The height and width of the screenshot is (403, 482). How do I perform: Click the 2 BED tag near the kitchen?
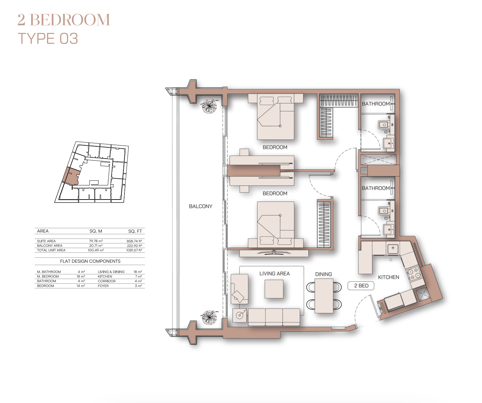(x=361, y=286)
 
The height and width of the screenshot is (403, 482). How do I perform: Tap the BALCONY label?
(x=200, y=206)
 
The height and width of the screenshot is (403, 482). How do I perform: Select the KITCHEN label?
(x=388, y=277)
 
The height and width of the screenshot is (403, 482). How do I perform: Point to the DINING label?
(x=324, y=274)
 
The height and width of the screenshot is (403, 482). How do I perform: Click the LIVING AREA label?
(x=274, y=274)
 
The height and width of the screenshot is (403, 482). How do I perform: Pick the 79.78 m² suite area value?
(x=96, y=241)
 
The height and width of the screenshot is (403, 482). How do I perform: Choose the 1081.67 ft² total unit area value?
(x=134, y=250)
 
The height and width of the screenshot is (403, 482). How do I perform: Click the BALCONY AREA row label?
(x=50, y=245)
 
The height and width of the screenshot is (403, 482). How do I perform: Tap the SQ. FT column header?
(x=135, y=231)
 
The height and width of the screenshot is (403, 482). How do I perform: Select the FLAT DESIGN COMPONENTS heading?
(x=90, y=261)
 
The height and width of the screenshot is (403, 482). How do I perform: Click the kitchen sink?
(x=393, y=248)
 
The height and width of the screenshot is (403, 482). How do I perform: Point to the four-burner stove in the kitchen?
(x=414, y=274)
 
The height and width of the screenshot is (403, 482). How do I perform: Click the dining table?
(x=324, y=296)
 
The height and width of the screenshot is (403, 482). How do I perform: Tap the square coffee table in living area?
(x=274, y=289)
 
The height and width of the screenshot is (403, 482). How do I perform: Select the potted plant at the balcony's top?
(x=209, y=106)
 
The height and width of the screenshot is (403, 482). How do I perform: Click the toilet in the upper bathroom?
(x=383, y=125)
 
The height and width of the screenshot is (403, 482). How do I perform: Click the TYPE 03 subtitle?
(x=48, y=38)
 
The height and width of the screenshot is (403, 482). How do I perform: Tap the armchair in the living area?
(x=239, y=289)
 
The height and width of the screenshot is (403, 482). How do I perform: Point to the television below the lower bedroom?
(x=274, y=252)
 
